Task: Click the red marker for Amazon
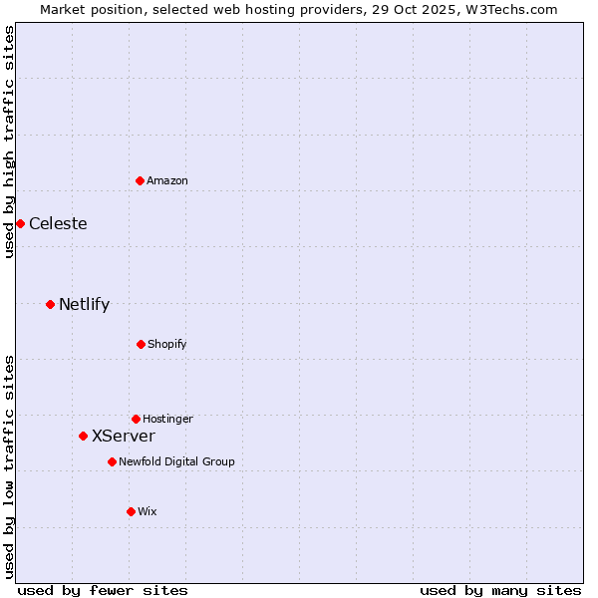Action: click(140, 180)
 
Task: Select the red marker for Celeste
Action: click(20, 223)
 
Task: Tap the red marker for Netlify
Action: click(50, 304)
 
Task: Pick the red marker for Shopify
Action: click(141, 344)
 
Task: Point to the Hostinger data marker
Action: click(136, 419)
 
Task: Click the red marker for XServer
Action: click(83, 436)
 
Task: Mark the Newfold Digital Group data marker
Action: click(112, 461)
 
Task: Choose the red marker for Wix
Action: click(131, 511)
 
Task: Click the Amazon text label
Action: click(167, 180)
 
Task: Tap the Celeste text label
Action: click(58, 223)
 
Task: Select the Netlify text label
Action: click(84, 304)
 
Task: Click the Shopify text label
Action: click(167, 344)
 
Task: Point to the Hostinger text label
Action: click(167, 419)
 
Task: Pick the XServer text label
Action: click(123, 436)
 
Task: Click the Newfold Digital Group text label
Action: click(176, 461)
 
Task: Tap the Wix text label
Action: click(148, 511)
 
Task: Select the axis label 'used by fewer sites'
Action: click(103, 590)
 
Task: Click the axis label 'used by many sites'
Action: click(500, 590)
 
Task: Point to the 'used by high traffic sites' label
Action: click(9, 142)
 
